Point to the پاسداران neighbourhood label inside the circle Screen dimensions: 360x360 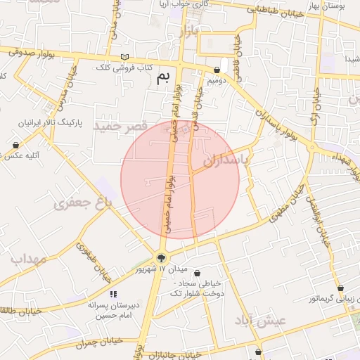[226, 161]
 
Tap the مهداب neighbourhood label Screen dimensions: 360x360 [29, 259]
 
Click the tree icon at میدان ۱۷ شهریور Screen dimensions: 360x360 [162, 257]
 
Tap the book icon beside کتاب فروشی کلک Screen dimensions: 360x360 [125, 57]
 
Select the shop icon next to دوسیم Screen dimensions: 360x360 [217, 70]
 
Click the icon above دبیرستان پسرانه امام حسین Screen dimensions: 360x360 [112, 294]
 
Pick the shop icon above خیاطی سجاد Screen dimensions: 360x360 [196, 273]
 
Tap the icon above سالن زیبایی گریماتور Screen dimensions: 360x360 [340, 288]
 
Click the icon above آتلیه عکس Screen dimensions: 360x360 [15, 145]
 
